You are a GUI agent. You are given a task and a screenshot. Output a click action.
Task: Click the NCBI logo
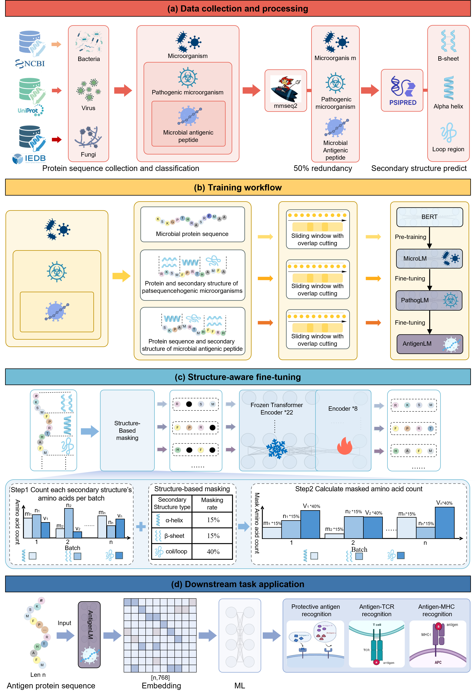pos(30,63)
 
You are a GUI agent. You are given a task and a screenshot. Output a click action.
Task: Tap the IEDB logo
pos(29,158)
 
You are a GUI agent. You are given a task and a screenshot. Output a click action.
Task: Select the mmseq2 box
pos(286,91)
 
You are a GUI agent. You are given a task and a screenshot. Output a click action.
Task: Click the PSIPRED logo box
pos(402,90)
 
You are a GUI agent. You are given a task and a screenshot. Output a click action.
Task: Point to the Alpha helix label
pos(448,106)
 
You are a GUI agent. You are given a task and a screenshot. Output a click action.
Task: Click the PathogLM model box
pos(429,300)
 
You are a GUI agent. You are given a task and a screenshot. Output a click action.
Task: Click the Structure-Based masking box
pos(127,430)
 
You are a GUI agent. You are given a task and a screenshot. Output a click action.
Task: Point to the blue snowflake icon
pos(276,449)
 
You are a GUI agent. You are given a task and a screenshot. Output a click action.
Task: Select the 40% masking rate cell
pos(213,552)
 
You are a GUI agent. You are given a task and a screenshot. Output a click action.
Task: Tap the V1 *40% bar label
pos(311,506)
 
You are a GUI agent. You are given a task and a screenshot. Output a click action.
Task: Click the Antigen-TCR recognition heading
pos(377,610)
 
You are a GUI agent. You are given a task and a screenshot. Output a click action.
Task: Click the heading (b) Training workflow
pos(238,187)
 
